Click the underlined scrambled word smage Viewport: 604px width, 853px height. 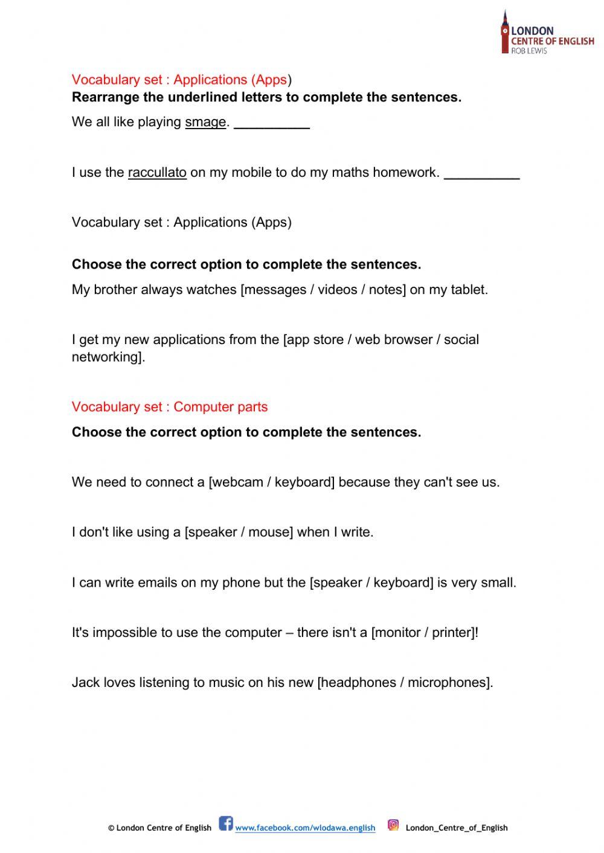205,123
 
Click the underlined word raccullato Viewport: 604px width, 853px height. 157,173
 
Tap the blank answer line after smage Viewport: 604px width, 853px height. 272,126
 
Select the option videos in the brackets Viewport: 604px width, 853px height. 338,290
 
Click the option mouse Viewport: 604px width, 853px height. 270,532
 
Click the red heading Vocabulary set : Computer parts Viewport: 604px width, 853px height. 170,407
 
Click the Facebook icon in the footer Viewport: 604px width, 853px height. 226,823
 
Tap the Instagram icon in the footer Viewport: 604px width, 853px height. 393,825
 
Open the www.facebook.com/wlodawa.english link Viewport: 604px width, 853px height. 305,828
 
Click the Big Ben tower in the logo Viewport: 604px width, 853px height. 505,31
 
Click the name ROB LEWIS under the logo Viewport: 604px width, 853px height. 529,51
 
